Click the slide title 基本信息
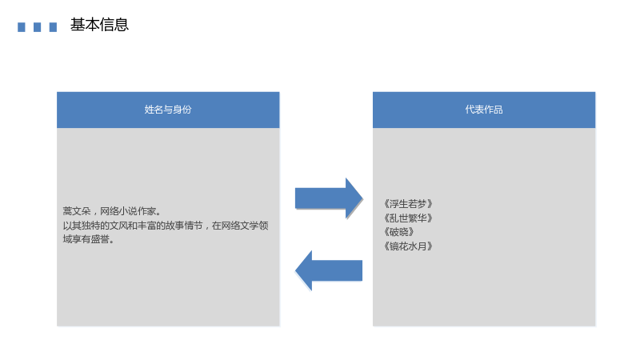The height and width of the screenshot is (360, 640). (99, 25)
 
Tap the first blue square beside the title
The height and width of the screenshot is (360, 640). (22, 27)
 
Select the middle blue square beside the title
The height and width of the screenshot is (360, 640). (37, 27)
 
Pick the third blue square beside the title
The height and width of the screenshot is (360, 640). (53, 27)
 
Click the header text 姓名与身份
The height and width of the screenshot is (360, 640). (168, 110)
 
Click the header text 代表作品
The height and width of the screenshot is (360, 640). (484, 110)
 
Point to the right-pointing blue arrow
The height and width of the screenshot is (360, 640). (329, 198)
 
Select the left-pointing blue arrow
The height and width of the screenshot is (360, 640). (329, 270)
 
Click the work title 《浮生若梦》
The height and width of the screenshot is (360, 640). (408, 204)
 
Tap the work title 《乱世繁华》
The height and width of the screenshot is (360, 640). (408, 218)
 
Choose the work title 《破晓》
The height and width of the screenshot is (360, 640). (399, 232)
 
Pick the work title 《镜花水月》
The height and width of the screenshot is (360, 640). (408, 246)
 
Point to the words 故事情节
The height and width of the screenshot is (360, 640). (184, 226)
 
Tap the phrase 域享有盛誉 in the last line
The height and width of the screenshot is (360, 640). (86, 239)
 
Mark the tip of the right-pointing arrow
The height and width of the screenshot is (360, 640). (362, 198)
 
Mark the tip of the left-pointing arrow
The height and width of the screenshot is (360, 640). (295, 270)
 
